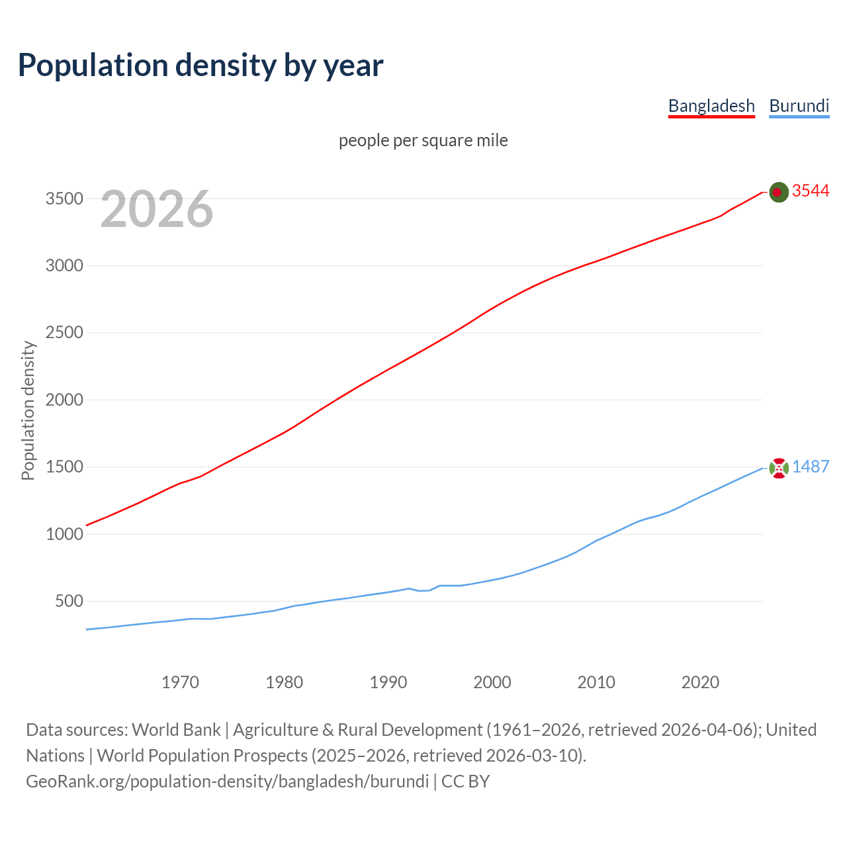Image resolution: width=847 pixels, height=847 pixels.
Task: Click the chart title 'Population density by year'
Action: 201,65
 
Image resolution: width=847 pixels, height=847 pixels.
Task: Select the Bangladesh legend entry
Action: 711,106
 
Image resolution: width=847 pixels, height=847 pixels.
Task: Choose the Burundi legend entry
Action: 799,106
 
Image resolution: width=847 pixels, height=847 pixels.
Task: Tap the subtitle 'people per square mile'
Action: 423,140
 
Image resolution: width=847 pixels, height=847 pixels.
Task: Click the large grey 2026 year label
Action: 157,209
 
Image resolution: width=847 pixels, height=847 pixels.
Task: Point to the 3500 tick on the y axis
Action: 64,199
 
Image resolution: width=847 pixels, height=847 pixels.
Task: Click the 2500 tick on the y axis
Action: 64,332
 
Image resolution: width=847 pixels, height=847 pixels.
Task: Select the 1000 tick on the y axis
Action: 64,533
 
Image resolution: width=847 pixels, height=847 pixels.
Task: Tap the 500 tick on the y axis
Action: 69,601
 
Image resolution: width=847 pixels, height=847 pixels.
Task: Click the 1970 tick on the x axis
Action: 180,682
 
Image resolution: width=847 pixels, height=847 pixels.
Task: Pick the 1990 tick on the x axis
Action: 388,682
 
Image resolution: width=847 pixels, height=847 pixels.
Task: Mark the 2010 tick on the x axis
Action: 596,682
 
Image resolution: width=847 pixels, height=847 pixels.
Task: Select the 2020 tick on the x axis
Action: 700,682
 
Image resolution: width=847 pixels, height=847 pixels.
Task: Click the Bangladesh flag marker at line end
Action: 779,192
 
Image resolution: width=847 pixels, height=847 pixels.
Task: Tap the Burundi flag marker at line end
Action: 779,468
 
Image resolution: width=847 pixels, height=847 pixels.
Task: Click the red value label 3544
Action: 811,191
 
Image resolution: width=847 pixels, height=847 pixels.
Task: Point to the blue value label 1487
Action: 811,467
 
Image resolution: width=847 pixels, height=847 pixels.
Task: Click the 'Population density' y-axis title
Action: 28,410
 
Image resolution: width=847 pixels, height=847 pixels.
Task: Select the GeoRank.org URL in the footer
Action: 227,781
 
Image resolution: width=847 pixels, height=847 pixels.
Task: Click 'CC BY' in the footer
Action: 466,781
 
